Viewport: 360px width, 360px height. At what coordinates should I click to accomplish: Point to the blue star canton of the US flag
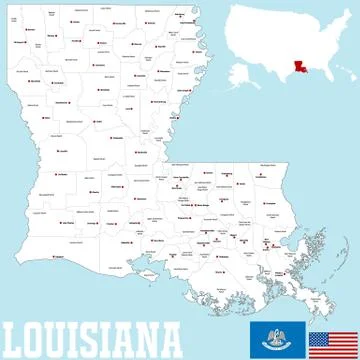pyautogui.click(x=319, y=333)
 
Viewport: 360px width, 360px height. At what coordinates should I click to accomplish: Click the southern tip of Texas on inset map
pyautogui.click(x=283, y=83)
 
